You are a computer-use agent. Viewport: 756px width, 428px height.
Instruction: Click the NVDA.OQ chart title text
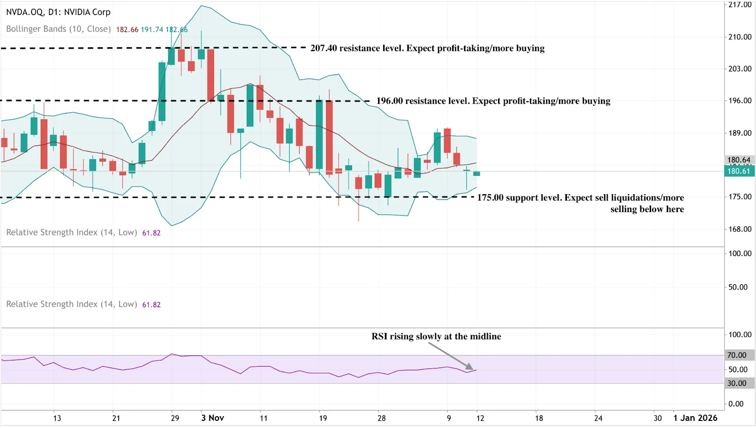coord(58,12)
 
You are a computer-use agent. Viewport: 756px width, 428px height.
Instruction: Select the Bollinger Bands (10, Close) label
coord(59,29)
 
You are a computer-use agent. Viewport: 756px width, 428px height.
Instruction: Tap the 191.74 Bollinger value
coord(152,30)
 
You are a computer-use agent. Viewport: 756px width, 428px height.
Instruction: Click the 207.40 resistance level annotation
coord(427,48)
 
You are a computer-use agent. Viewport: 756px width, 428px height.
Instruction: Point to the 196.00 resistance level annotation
coord(493,101)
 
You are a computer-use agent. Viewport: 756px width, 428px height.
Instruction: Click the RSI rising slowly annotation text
coord(436,336)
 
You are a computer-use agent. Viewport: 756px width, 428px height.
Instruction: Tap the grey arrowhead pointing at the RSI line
coord(469,366)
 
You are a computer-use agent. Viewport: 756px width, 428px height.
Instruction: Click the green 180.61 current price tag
coord(739,171)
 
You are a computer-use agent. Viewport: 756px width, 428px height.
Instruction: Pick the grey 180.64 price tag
coord(739,160)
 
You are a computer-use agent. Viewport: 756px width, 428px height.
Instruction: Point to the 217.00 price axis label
coord(739,5)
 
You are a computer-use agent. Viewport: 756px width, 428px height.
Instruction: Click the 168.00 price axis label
coord(739,229)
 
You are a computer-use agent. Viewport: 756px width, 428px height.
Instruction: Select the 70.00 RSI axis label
coord(737,355)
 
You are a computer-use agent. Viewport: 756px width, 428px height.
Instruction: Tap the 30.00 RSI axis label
coord(737,383)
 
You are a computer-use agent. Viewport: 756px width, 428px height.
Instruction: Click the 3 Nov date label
coord(213,418)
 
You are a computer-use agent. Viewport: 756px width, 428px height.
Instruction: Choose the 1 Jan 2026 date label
coord(695,418)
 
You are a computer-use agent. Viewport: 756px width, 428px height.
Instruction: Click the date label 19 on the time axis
coord(323,418)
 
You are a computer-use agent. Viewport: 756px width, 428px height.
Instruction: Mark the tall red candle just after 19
coord(329,137)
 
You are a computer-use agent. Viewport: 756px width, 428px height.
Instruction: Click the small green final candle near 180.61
coord(477,174)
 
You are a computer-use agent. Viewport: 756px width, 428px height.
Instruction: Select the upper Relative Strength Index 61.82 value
coord(151,233)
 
